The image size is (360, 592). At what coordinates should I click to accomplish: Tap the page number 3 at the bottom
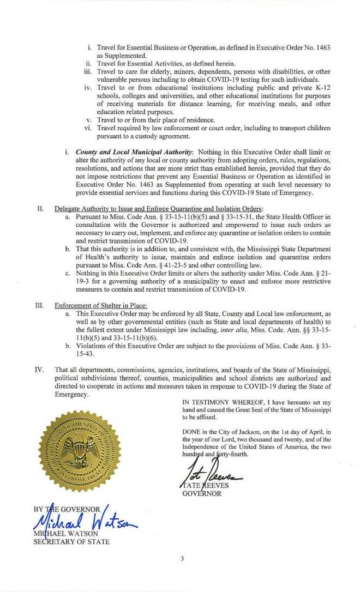(182, 558)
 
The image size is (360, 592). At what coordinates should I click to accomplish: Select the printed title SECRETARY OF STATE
(71, 541)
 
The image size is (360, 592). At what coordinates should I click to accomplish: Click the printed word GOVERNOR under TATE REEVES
(202, 493)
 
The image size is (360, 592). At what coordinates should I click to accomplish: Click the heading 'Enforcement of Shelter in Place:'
(101, 306)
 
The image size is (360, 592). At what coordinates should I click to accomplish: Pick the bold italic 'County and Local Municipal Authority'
(134, 151)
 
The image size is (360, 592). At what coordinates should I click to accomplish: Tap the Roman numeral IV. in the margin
(39, 370)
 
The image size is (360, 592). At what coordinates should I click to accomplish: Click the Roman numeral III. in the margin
(39, 306)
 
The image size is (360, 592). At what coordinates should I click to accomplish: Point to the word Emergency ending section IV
(71, 394)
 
